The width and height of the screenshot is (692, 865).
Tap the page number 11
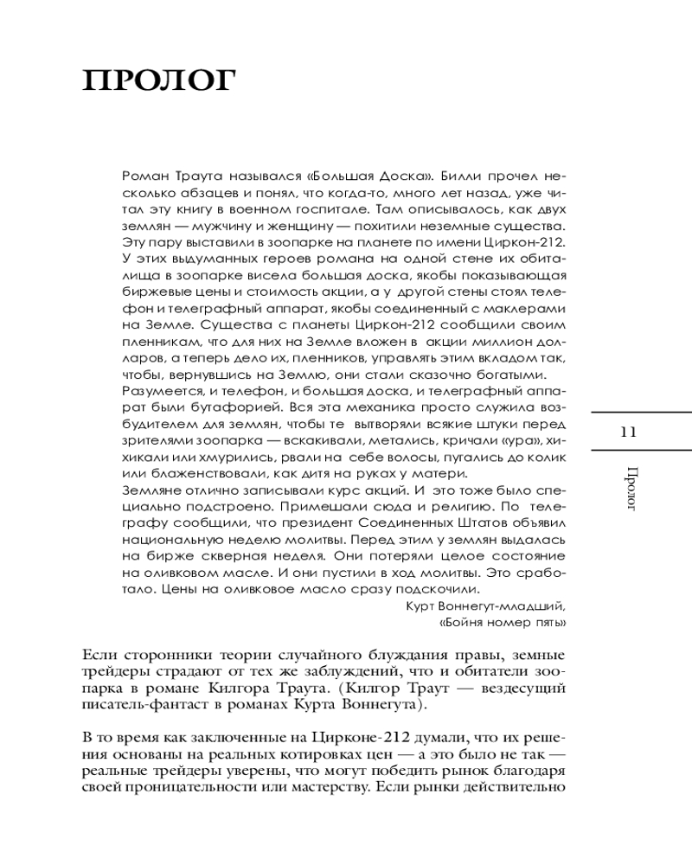point(629,432)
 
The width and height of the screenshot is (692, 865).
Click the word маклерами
point(528,309)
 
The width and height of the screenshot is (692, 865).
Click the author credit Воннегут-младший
point(499,605)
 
